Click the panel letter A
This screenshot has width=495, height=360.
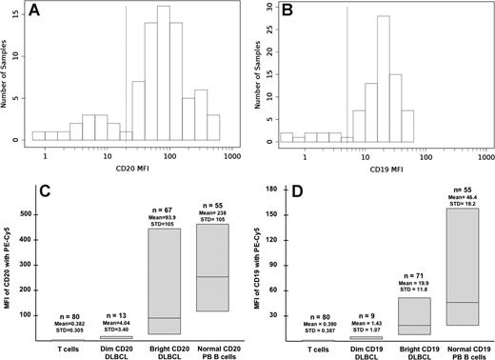click(x=45, y=13)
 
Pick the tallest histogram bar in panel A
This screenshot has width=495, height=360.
click(x=164, y=74)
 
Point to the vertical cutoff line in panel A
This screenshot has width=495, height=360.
click(x=127, y=76)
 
